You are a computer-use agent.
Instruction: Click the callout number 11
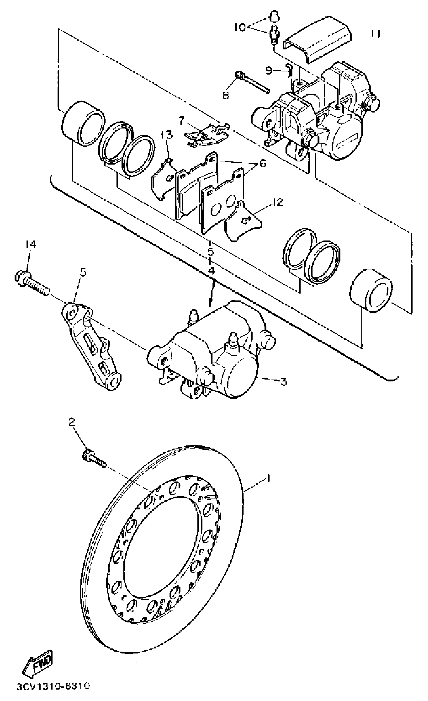pos(375,34)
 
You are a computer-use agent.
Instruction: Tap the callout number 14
pos(31,244)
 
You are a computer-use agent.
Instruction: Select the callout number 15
pos(81,272)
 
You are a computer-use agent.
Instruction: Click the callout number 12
pos(277,203)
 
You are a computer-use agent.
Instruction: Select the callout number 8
pos(225,95)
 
